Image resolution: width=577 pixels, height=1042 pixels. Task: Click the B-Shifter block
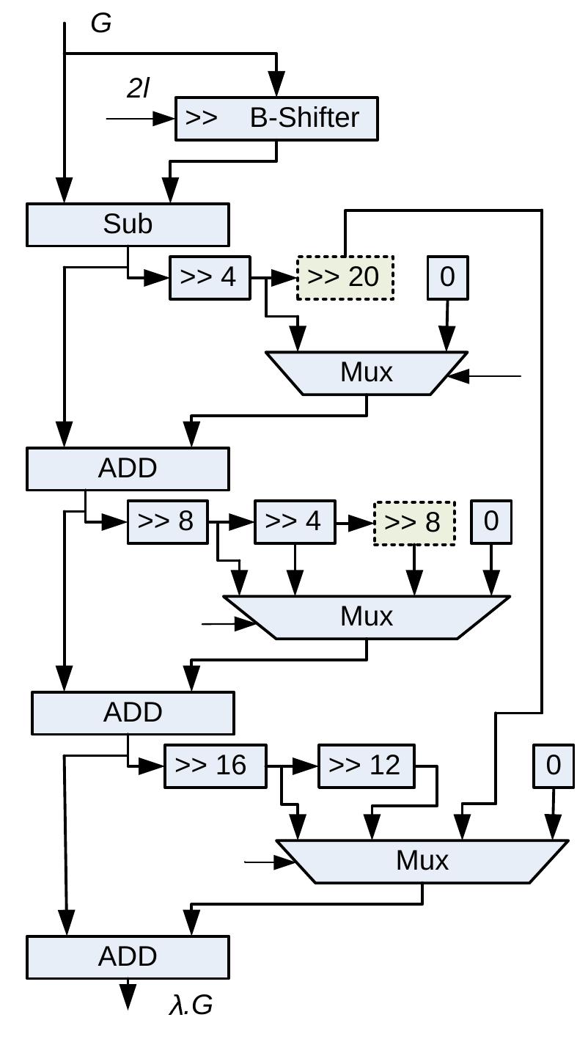[276, 118]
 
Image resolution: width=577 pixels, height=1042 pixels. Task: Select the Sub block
[128, 224]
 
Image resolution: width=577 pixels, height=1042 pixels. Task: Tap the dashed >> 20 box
[345, 277]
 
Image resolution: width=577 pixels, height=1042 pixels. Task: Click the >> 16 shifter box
[215, 766]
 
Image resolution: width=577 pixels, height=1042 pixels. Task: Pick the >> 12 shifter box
[366, 766]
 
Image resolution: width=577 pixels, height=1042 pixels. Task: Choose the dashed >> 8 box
[414, 523]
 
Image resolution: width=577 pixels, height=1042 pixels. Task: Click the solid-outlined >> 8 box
[167, 522]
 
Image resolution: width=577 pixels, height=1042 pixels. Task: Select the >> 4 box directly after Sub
[209, 278]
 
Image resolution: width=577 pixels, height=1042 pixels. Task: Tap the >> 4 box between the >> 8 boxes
[295, 522]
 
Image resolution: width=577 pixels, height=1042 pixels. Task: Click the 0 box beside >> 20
[447, 278]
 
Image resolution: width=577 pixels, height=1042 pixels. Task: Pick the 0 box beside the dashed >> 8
[490, 522]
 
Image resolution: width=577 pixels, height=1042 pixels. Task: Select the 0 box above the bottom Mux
[554, 766]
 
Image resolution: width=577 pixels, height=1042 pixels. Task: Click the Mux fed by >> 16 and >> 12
[422, 861]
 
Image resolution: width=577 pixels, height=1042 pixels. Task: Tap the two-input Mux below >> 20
[367, 373]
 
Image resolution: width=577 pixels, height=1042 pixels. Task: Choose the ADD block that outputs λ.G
[128, 957]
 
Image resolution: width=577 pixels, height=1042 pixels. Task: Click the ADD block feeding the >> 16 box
[133, 713]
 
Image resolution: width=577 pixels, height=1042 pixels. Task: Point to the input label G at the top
[101, 23]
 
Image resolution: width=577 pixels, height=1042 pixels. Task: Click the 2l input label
[138, 89]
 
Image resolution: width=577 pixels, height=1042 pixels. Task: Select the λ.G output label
[191, 1005]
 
